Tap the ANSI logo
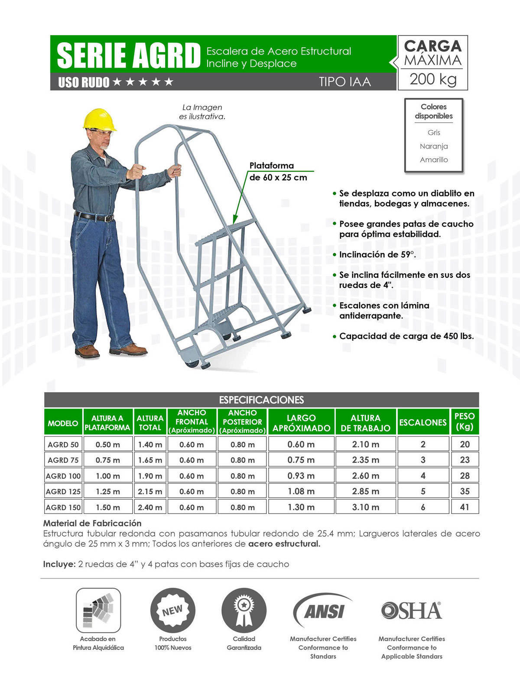[x=323, y=611]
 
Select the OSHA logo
[x=411, y=611]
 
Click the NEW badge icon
[x=172, y=611]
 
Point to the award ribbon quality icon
[x=244, y=611]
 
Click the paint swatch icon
[x=98, y=611]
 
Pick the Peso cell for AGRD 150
[x=465, y=507]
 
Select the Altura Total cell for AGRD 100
[x=150, y=476]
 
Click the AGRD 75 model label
[x=63, y=460]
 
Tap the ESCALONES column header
[x=422, y=423]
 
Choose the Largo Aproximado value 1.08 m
[x=301, y=491]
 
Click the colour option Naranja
[x=434, y=146]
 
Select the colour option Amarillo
[x=434, y=159]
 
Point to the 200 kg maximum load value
[x=433, y=79]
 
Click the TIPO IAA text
[x=345, y=82]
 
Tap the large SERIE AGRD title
[x=129, y=55]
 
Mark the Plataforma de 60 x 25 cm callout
[x=278, y=172]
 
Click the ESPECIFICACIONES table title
[x=261, y=400]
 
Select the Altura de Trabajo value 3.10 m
[x=365, y=507]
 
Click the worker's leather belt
[x=94, y=217]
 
